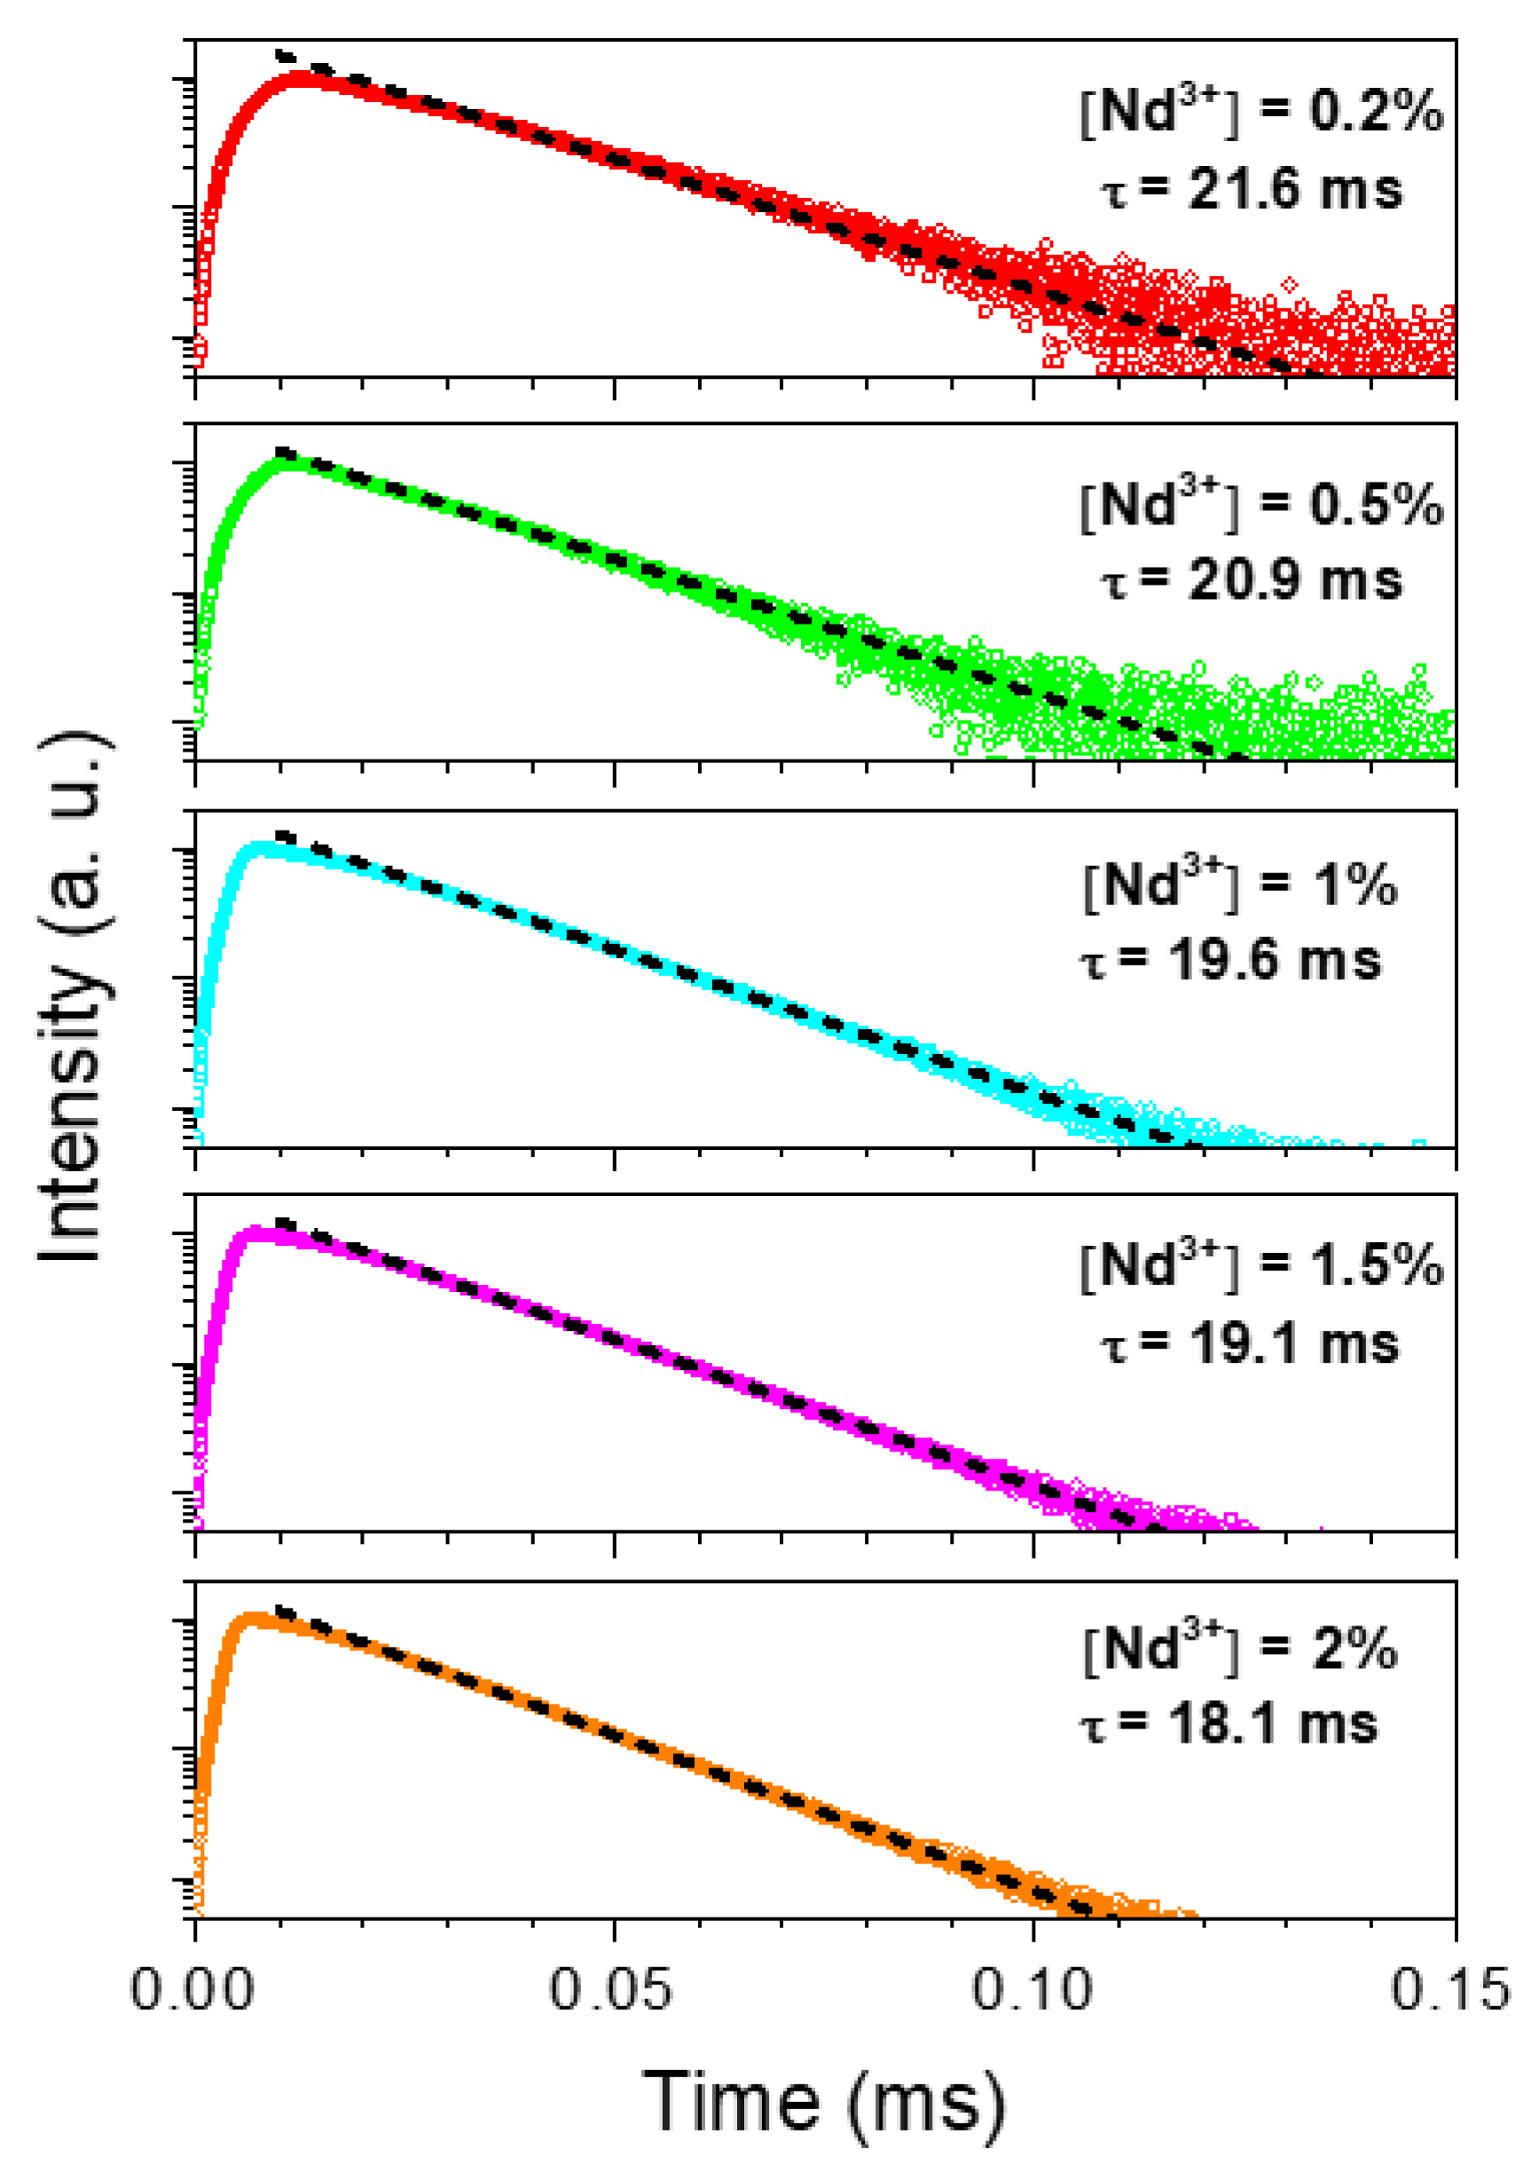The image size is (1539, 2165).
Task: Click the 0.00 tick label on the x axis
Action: point(192,1988)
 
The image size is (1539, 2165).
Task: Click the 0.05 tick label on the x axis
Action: point(611,1988)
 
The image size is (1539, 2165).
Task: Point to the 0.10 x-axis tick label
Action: point(1032,1988)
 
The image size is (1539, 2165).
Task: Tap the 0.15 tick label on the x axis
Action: point(1449,1988)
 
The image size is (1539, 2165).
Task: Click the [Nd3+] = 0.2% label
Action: point(1260,112)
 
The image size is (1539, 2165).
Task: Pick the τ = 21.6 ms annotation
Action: point(1251,190)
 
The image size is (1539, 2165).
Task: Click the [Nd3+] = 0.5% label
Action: point(1260,504)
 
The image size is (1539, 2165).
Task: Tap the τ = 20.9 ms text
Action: point(1251,580)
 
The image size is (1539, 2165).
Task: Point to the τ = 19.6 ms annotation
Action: point(1230,960)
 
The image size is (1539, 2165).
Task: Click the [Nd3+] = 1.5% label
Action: point(1260,1264)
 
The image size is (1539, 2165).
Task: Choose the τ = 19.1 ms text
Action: point(1249,1344)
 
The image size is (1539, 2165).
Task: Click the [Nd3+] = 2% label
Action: point(1239,1649)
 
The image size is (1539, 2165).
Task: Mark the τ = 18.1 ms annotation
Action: point(1229,1723)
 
